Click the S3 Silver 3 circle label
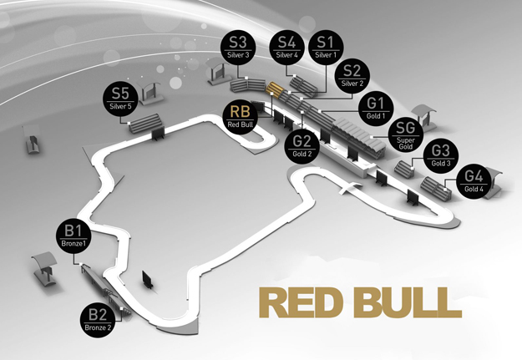(x=238, y=48)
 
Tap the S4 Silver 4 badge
(x=286, y=48)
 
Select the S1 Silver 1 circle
(x=326, y=48)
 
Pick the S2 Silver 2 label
(x=352, y=76)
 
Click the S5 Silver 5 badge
(x=120, y=99)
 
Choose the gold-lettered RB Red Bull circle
(x=240, y=117)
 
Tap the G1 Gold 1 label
(x=376, y=109)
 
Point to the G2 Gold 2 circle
(x=302, y=146)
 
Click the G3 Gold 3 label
(x=441, y=156)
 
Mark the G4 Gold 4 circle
(x=474, y=181)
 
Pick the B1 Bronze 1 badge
(x=73, y=236)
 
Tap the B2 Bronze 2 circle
(x=98, y=320)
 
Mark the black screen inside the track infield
(x=147, y=279)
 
